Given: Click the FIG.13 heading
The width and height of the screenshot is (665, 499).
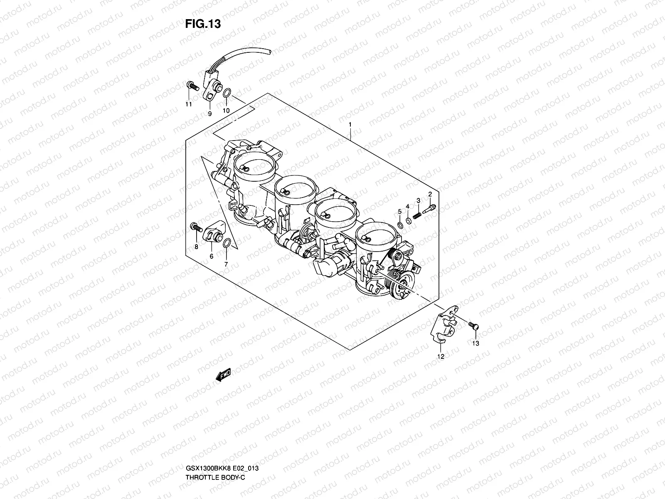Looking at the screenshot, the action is (203, 24).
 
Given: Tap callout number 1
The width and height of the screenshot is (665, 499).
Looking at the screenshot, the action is (350, 124).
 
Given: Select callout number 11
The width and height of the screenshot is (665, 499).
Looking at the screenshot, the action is (189, 104).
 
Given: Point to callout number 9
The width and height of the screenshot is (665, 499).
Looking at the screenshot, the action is (209, 114).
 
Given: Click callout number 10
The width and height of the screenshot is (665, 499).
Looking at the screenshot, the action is (226, 111).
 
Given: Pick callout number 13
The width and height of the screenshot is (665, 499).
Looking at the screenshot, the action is (475, 343).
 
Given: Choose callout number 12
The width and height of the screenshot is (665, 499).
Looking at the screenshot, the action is (441, 357).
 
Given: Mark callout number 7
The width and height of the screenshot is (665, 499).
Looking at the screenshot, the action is (226, 264).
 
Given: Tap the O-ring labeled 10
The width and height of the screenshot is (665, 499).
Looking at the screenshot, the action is (227, 93).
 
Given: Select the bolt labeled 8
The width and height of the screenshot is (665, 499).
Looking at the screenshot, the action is (196, 227).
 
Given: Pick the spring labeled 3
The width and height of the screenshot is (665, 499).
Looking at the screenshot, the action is (417, 215).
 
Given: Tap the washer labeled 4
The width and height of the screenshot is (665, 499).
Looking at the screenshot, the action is (409, 221).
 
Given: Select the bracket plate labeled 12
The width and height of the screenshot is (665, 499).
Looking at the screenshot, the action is (444, 324).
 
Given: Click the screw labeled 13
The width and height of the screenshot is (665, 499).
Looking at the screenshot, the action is (473, 326).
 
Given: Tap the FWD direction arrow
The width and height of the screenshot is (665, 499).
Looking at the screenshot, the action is (223, 375).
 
